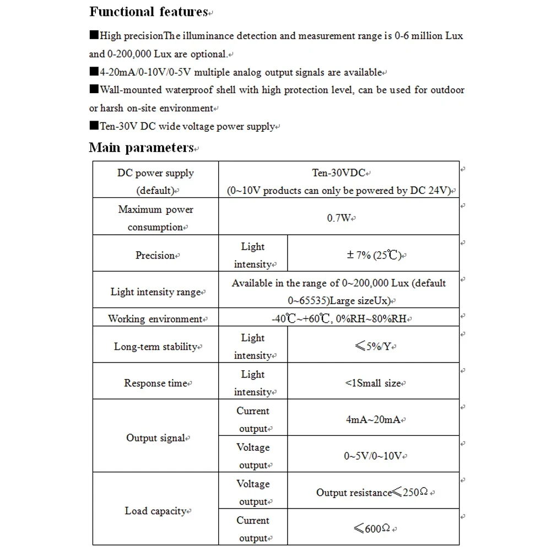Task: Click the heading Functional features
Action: (x=148, y=12)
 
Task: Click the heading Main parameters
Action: (x=142, y=148)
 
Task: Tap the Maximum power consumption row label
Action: (x=155, y=218)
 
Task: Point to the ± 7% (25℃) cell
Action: (x=374, y=255)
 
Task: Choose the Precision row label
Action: (x=155, y=255)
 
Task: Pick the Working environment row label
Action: (x=156, y=319)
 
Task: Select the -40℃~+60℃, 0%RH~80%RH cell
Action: (x=339, y=319)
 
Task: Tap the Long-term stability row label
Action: (x=156, y=347)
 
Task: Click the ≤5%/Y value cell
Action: (x=374, y=347)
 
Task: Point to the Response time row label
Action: (x=156, y=383)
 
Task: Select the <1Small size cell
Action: (x=374, y=383)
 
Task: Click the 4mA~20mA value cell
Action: (x=374, y=420)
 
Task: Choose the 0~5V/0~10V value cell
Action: (x=374, y=456)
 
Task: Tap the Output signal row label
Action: (x=156, y=438)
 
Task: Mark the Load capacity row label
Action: (x=156, y=511)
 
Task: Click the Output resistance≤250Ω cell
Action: (x=374, y=493)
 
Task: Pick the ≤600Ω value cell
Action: (x=374, y=529)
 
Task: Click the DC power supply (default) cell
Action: (x=156, y=181)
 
